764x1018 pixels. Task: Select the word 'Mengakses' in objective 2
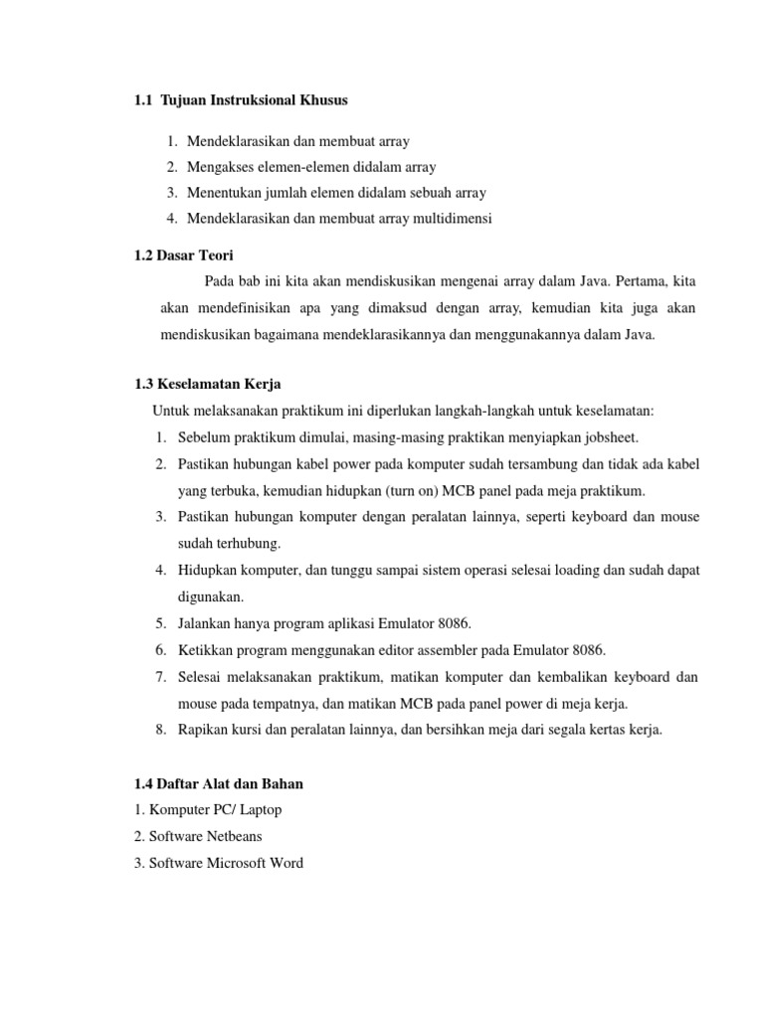pos(216,167)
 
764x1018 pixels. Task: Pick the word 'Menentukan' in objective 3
pos(221,192)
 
